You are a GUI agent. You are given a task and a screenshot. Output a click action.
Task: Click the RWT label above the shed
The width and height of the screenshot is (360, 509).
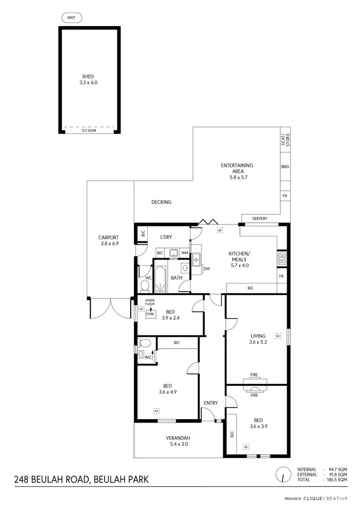[72, 18]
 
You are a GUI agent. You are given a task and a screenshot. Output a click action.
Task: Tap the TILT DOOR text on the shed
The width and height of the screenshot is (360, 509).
[89, 130]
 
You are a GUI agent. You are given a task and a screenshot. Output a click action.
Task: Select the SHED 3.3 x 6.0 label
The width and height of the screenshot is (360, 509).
[89, 79]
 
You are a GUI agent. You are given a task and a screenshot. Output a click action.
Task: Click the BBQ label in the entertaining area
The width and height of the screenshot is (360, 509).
[285, 166]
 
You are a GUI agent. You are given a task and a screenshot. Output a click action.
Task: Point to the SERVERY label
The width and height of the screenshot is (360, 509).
[260, 219]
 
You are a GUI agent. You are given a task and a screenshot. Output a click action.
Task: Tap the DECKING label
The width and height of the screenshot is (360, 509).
[161, 202]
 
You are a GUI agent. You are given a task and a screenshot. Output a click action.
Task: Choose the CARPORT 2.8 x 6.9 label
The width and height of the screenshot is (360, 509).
[108, 241]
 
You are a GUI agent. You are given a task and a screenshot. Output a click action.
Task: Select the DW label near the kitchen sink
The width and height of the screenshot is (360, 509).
[207, 269]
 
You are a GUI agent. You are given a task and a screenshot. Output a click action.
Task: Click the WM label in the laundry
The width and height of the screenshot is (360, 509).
[184, 252]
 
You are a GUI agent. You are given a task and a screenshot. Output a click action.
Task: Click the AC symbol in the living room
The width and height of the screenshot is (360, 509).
[278, 336]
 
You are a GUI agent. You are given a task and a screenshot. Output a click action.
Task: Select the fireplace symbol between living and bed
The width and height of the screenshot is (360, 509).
[254, 385]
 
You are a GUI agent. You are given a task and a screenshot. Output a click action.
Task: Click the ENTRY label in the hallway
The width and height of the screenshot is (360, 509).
[211, 403]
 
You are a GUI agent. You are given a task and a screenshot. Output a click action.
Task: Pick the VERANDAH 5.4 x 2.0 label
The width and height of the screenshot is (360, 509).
[179, 441]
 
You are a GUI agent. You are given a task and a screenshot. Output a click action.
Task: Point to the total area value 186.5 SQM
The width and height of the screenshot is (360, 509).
[336, 480]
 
